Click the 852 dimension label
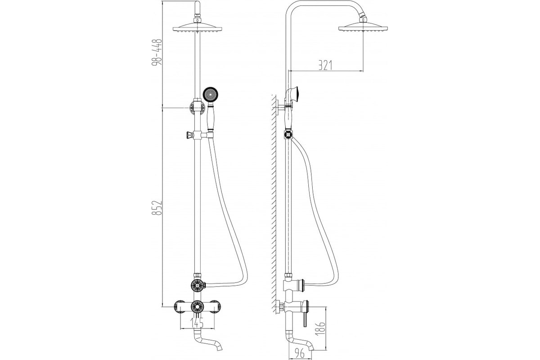[157, 207]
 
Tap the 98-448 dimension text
[157, 52]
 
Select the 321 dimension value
[325, 65]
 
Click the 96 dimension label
[300, 353]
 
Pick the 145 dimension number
[197, 323]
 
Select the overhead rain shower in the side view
[363, 27]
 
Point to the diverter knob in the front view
[198, 285]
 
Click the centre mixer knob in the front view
[197, 307]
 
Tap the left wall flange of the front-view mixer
[180, 307]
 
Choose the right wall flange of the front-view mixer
[215, 307]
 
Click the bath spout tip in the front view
[220, 347]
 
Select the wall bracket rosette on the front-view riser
[197, 108]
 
